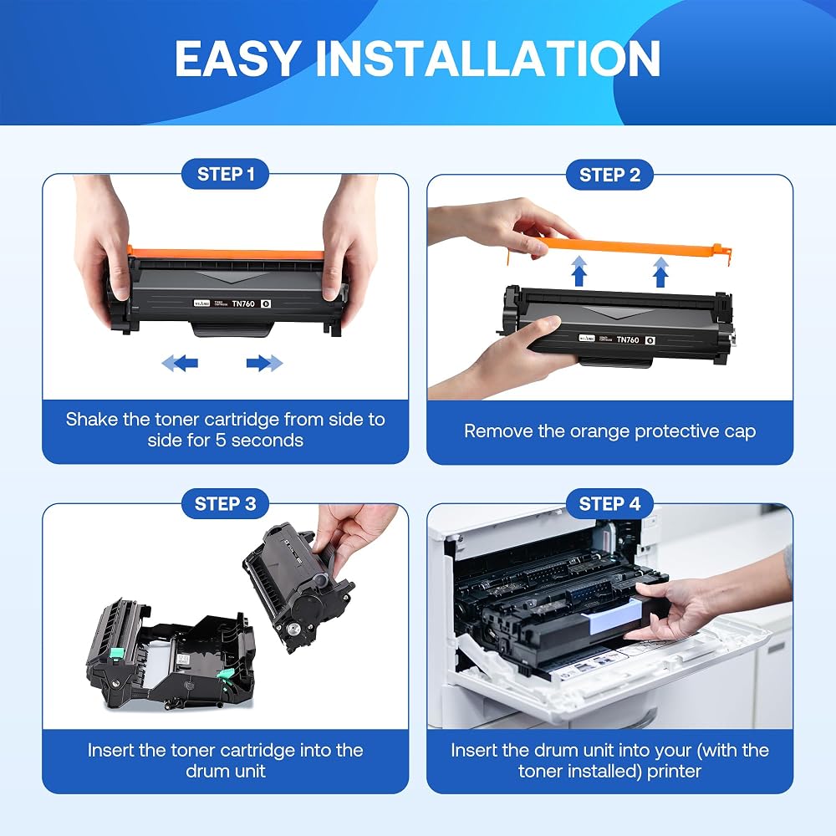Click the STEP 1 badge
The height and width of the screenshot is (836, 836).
pyautogui.click(x=226, y=175)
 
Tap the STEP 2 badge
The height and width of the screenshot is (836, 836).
pyautogui.click(x=609, y=175)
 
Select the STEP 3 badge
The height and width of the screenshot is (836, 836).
pyautogui.click(x=225, y=504)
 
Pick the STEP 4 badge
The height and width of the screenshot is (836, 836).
pyautogui.click(x=609, y=504)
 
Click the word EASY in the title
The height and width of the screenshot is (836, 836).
pyautogui.click(x=237, y=59)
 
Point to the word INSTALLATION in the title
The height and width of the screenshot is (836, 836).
pyautogui.click(x=488, y=59)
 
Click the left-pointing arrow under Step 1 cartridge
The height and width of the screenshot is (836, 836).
pyautogui.click(x=181, y=363)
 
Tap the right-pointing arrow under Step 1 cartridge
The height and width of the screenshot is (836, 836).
pyautogui.click(x=264, y=363)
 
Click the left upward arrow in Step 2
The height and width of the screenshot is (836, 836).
pyautogui.click(x=579, y=272)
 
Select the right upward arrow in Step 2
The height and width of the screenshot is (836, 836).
pyautogui.click(x=660, y=273)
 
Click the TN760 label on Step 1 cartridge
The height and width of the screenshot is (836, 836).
pyautogui.click(x=243, y=303)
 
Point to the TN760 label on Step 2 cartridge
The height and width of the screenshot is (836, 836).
pyautogui.click(x=628, y=339)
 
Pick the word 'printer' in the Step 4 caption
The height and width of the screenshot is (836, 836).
pyautogui.click(x=674, y=772)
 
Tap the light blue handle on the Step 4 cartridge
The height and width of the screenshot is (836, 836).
pyautogui.click(x=613, y=617)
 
